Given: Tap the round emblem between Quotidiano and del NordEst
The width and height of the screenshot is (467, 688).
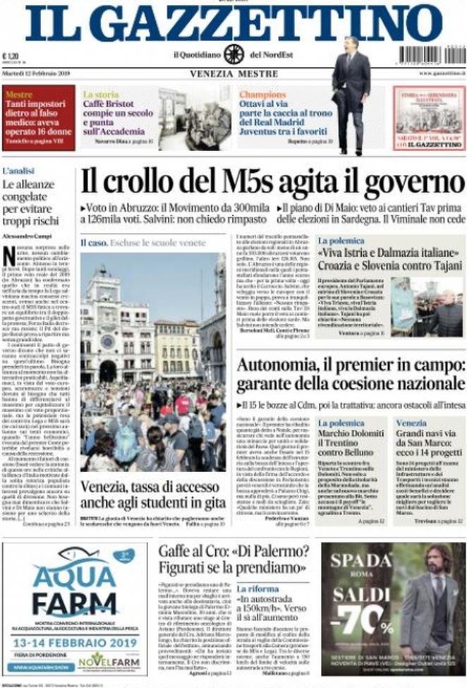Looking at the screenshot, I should (x=233, y=54).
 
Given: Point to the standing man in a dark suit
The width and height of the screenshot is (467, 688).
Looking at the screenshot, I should (x=351, y=92).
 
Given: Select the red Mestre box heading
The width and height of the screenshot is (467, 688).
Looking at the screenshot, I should (x=19, y=93).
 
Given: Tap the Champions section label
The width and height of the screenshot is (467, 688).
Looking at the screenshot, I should (x=262, y=94).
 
